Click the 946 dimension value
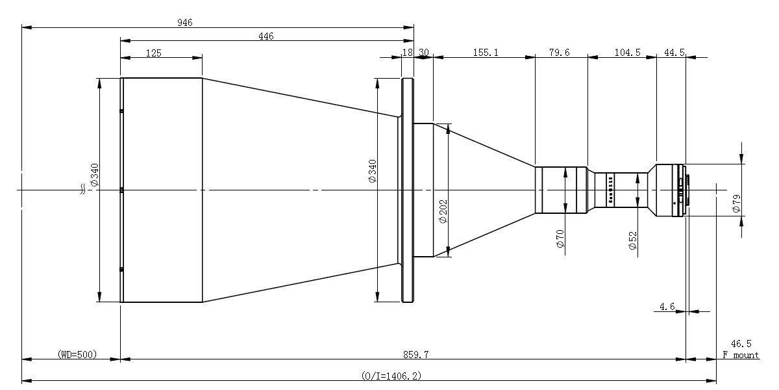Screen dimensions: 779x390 point(184,23)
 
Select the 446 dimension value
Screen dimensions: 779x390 point(266,36)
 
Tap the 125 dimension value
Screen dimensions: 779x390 point(154,53)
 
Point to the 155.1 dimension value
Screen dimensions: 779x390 point(486,53)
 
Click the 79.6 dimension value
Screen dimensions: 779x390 point(559,53)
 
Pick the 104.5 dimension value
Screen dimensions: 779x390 point(627,53)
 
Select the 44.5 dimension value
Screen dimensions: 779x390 point(674,53)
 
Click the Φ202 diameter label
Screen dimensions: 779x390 point(443,211)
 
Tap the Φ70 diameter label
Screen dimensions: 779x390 point(560,239)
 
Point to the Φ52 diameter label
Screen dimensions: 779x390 point(632,240)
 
